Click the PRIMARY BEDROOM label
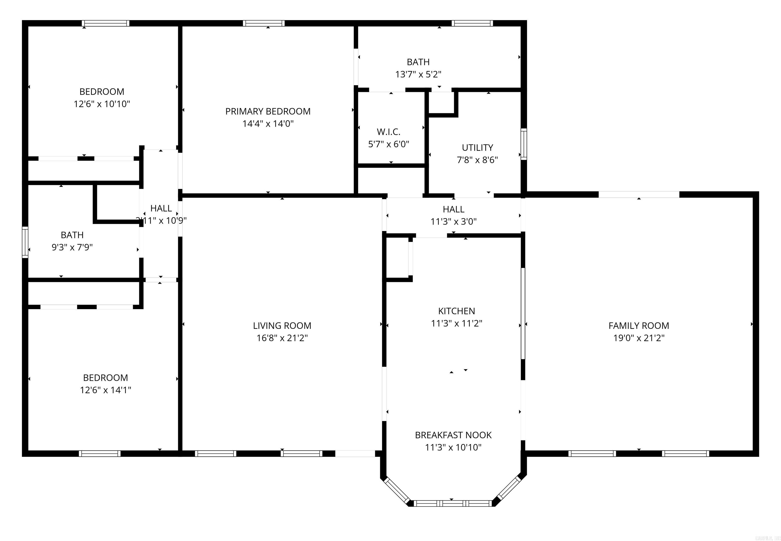tap(268, 112)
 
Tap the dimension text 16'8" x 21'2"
tap(282, 338)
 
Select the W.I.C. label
tap(388, 132)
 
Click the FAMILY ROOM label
tap(639, 326)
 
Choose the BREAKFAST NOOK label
tap(453, 435)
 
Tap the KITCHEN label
tap(456, 311)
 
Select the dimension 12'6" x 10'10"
tap(102, 104)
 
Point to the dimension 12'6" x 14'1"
tap(105, 390)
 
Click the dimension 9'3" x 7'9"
tap(72, 247)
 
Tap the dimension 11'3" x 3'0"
tap(453, 222)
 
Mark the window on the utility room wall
tap(523, 144)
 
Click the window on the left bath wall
tap(25, 242)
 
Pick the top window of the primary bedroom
tap(264, 23)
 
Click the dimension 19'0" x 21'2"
tap(639, 338)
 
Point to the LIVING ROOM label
tap(282, 326)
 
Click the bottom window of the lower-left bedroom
tap(99, 454)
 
